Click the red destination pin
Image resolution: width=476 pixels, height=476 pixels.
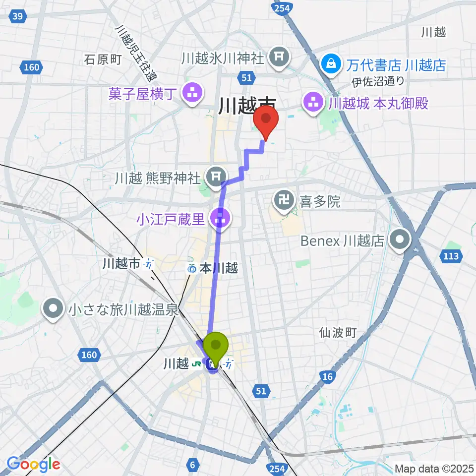pos(266,121)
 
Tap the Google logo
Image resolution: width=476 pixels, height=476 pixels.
pos(33,464)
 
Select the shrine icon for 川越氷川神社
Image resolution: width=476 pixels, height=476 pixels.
pos(279,58)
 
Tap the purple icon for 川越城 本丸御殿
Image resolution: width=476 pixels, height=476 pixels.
pos(313,104)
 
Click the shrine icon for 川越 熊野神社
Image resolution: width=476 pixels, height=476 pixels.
pos(215,175)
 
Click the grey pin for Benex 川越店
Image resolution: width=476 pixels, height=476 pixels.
pos(400,241)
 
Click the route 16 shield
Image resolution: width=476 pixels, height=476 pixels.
pos(327,377)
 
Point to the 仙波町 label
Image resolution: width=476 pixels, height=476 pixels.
pos(338,332)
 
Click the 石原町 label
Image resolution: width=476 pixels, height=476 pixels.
pos(103,59)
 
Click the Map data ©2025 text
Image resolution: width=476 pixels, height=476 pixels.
pos(434,468)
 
